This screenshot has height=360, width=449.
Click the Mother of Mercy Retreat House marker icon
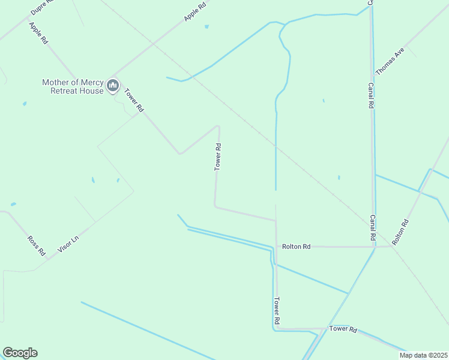(112, 87)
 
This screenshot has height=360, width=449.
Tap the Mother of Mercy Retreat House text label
(73, 86)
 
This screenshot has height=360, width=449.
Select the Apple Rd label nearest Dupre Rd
(38, 34)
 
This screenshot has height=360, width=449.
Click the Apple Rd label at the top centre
(195, 12)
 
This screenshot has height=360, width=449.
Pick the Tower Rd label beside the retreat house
(134, 101)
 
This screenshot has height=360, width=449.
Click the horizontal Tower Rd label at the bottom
(343, 329)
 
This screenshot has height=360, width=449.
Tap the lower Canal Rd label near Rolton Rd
(373, 226)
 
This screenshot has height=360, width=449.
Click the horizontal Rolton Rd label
(297, 247)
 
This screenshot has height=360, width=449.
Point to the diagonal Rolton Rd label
(400, 232)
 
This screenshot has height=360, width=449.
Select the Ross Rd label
(37, 245)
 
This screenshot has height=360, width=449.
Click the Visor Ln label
(67, 244)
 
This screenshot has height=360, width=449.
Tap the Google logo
(20, 353)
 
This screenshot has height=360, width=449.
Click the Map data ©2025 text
(423, 355)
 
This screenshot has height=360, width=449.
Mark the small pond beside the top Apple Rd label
(206, 26)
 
